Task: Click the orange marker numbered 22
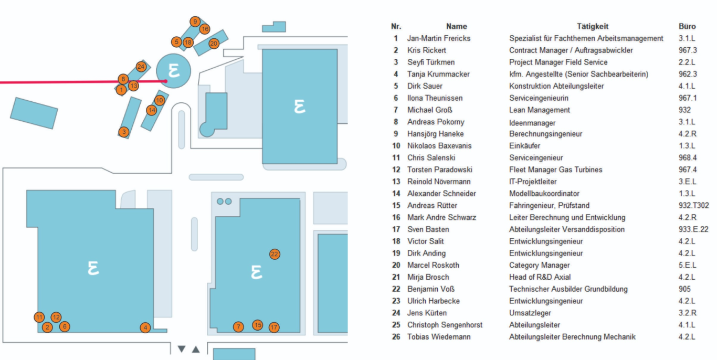tap(275, 254)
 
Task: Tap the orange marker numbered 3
tap(124, 132)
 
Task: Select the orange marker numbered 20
tap(214, 44)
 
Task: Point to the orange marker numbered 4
tap(145, 327)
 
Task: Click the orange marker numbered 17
tap(274, 327)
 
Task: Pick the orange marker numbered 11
tap(39, 317)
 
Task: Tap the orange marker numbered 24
tap(141, 67)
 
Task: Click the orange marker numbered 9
tap(195, 22)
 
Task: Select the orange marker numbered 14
tap(152, 110)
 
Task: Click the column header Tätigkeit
tap(593, 26)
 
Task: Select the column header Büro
tap(687, 26)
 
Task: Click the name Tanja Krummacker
tap(438, 74)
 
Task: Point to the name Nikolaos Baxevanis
tap(440, 146)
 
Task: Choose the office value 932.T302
tap(693, 205)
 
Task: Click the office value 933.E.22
tap(693, 229)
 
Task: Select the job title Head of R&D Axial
tap(539, 277)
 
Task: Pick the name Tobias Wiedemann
tap(439, 337)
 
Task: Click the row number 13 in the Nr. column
tap(396, 182)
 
